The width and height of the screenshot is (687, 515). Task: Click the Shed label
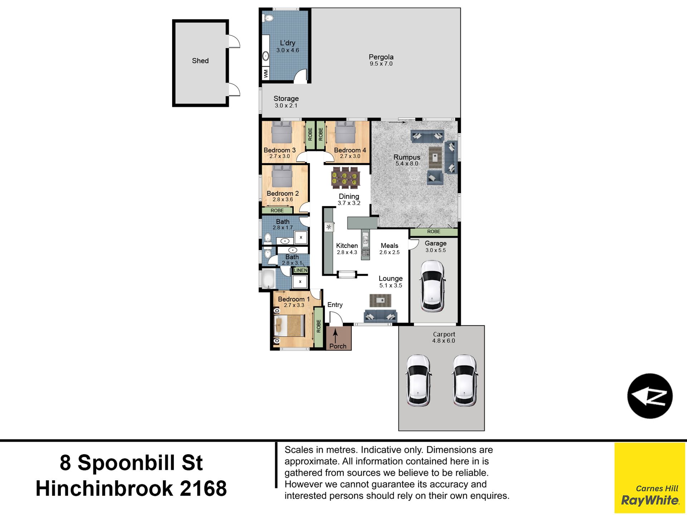click(200, 61)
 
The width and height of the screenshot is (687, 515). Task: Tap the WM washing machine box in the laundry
click(266, 74)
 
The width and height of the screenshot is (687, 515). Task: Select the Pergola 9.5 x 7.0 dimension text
click(381, 64)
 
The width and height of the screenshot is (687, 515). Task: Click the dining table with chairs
click(345, 177)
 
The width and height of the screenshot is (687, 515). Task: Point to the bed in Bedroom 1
click(289, 326)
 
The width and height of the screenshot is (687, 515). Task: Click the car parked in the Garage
click(433, 286)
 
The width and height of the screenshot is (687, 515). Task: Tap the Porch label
click(338, 346)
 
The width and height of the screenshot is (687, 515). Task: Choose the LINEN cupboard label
click(301, 270)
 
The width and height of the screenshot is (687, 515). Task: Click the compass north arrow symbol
click(650, 396)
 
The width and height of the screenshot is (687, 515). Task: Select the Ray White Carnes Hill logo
click(650, 478)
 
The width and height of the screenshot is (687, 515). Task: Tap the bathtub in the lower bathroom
click(269, 279)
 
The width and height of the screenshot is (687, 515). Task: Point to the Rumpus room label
click(407, 157)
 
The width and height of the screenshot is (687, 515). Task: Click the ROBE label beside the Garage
click(434, 232)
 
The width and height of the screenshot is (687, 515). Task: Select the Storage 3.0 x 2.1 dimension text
click(286, 106)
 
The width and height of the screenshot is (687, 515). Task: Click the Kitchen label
click(347, 246)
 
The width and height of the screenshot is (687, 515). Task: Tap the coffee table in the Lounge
click(380, 300)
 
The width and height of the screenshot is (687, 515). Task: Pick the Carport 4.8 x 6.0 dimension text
click(444, 341)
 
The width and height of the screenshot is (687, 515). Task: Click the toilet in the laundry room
click(268, 18)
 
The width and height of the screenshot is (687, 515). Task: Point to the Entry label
click(335, 305)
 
